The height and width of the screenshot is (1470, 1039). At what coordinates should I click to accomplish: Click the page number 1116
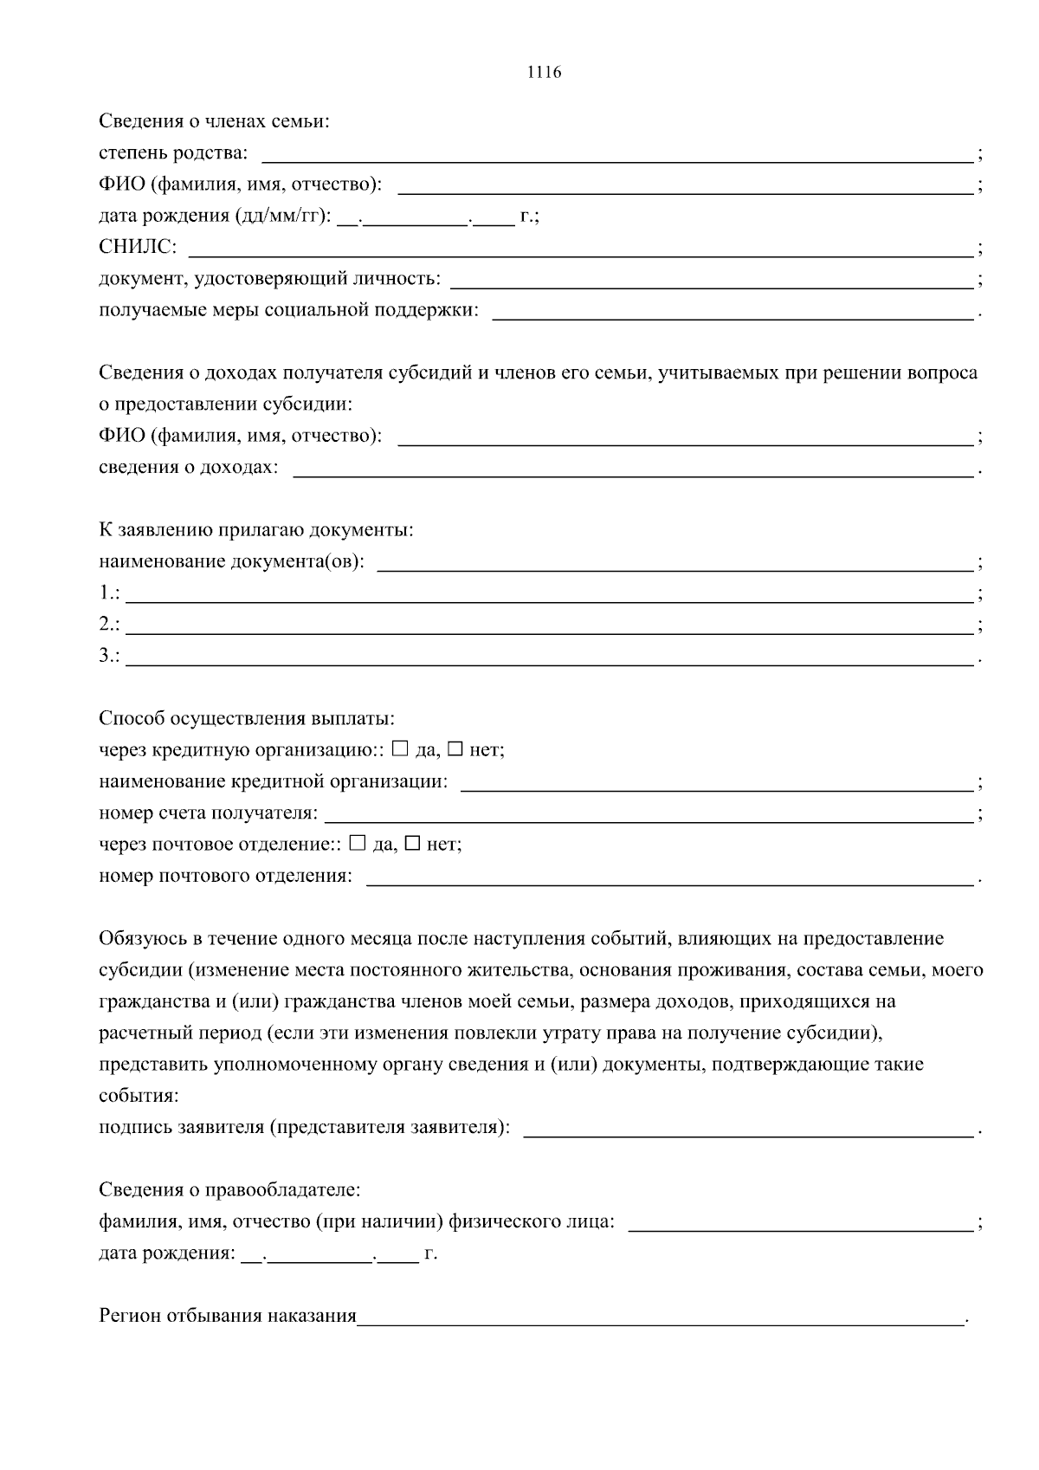544,73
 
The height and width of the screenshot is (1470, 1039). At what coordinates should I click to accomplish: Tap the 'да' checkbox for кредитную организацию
400,748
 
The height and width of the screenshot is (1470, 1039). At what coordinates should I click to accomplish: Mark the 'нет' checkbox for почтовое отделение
413,843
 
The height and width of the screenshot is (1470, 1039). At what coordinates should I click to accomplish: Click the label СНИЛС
137,248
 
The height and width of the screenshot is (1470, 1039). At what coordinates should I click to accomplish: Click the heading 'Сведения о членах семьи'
214,121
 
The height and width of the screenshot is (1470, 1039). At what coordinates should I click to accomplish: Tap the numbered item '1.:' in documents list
109,594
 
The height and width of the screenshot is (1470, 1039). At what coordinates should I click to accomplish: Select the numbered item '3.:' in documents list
109,657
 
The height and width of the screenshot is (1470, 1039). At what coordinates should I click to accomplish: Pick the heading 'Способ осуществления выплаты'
247,718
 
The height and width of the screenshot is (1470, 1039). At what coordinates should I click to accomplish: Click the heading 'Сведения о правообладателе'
229,1190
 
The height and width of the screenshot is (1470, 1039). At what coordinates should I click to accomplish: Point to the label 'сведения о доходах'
188,468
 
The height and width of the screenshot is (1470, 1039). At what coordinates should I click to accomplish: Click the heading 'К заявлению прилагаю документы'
255,530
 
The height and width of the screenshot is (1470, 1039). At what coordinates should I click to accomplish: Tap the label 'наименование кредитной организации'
273,781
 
